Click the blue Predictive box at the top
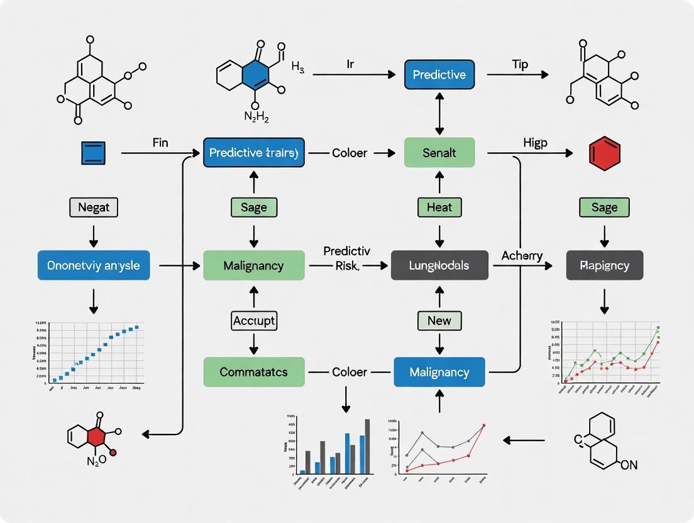pyautogui.click(x=439, y=75)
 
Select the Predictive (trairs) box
pyautogui.click(x=254, y=153)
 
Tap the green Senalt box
pyautogui.click(x=439, y=153)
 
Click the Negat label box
pyautogui.click(x=94, y=207)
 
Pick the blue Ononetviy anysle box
pyautogui.click(x=94, y=266)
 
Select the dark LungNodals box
pyautogui.click(x=439, y=266)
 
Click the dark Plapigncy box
pyautogui.click(x=604, y=266)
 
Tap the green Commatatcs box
pyautogui.click(x=254, y=372)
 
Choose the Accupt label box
pyautogui.click(x=254, y=321)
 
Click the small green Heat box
pyautogui.click(x=439, y=207)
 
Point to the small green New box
pyautogui.click(x=439, y=321)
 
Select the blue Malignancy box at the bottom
pyautogui.click(x=439, y=372)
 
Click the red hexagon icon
pyautogui.click(x=604, y=153)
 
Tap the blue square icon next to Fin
pyautogui.click(x=94, y=153)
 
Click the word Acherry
pyautogui.click(x=522, y=256)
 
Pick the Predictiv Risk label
pyautogui.click(x=346, y=258)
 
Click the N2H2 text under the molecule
pyautogui.click(x=256, y=118)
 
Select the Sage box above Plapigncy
pyautogui.click(x=604, y=207)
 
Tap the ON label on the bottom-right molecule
pyautogui.click(x=629, y=466)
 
